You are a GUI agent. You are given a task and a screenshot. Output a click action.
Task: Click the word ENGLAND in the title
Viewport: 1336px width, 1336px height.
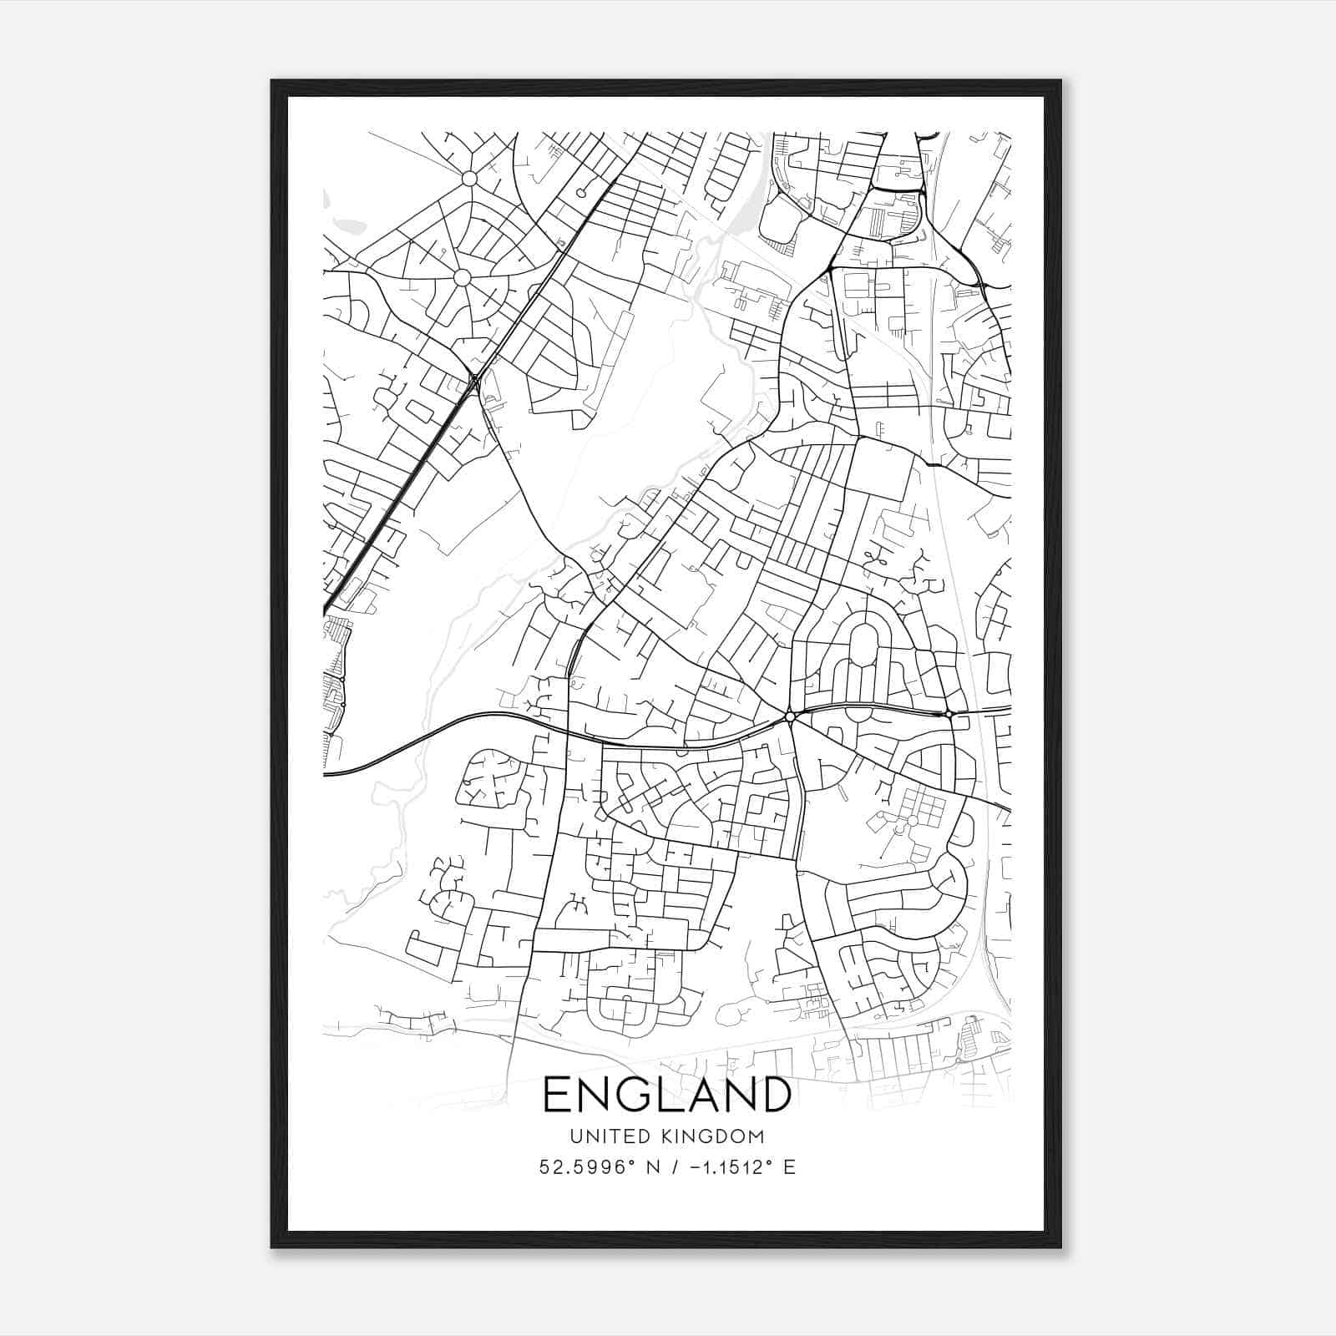[667, 1095]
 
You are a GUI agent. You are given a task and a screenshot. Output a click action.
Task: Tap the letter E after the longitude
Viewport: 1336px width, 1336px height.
[789, 1166]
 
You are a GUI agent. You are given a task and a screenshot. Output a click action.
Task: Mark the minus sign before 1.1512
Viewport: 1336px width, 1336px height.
[695, 1166]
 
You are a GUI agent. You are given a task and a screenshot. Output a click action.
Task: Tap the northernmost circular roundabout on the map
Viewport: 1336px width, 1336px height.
[469, 179]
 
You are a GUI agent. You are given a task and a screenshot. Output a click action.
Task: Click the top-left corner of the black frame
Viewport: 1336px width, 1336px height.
[272, 82]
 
